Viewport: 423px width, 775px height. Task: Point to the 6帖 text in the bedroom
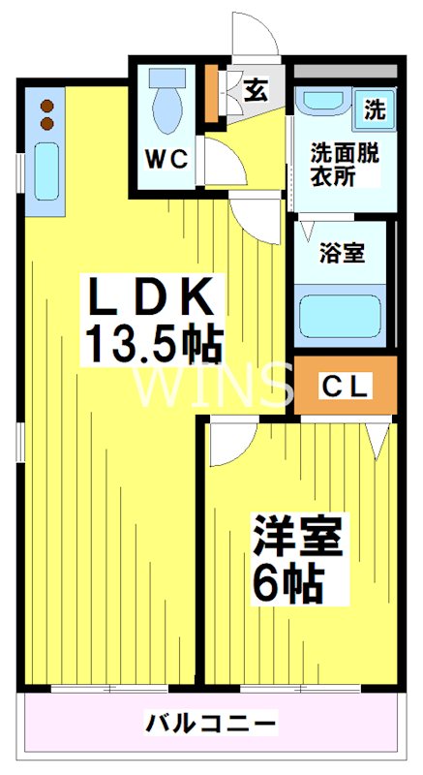(x=287, y=583)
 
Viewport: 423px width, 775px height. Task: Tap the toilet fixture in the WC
(x=167, y=101)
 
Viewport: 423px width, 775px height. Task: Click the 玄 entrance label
(x=255, y=90)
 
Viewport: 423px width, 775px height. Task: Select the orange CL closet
(x=346, y=385)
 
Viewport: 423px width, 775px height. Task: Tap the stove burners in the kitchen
(x=46, y=114)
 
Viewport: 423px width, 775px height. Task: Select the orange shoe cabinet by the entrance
(x=213, y=93)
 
